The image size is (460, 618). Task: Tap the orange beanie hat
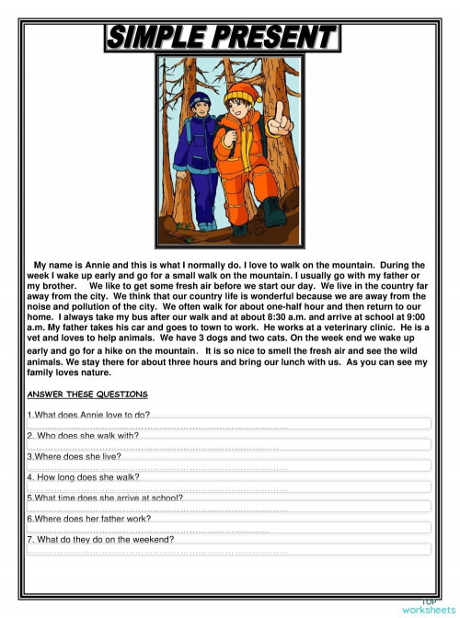[x=241, y=92]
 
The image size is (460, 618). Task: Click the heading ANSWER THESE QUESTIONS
[x=82, y=395]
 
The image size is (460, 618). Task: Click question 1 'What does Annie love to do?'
[x=89, y=416]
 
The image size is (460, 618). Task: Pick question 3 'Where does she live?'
[x=75, y=456]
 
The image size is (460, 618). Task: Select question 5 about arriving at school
[x=105, y=498]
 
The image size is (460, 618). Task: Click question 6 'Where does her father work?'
[x=89, y=519]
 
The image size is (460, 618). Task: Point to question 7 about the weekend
[x=101, y=540]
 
